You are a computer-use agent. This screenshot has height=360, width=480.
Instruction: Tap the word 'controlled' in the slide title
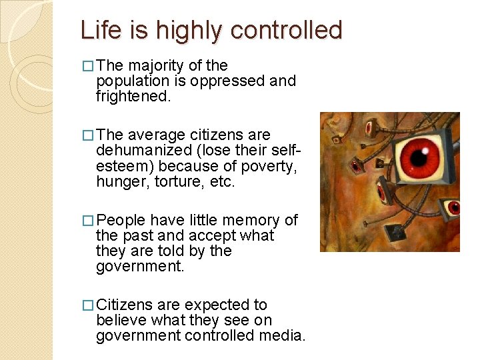(x=287, y=30)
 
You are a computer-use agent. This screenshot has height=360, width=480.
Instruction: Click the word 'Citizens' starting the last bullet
(x=125, y=305)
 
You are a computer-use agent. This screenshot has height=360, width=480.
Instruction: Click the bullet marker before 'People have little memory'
(x=88, y=221)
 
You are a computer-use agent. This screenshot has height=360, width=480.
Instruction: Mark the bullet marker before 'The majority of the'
(x=88, y=66)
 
